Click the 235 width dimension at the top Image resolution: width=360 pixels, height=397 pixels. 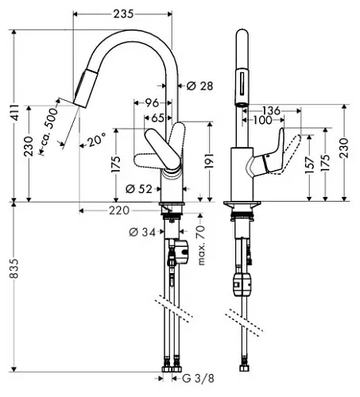[123, 13]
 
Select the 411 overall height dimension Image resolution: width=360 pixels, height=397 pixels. [15, 113]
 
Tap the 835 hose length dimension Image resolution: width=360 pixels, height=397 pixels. [14, 268]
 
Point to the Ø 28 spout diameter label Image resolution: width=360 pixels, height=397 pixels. [199, 86]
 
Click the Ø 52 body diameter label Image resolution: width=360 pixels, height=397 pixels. [139, 189]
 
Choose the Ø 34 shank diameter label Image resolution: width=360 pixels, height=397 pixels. [142, 232]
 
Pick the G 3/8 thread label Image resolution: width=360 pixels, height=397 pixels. [198, 378]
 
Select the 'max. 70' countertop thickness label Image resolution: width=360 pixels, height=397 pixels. [201, 245]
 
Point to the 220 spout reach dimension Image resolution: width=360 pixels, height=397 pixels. [119, 210]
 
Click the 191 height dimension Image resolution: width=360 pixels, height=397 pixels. [210, 160]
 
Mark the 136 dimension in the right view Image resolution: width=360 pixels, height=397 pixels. [271, 110]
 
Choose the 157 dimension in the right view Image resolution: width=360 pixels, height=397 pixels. [309, 165]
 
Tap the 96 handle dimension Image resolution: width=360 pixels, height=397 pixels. [152, 102]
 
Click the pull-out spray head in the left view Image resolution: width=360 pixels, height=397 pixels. [85, 87]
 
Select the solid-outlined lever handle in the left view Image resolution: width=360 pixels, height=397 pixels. [162, 149]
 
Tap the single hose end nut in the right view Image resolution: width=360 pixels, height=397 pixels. [244, 368]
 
